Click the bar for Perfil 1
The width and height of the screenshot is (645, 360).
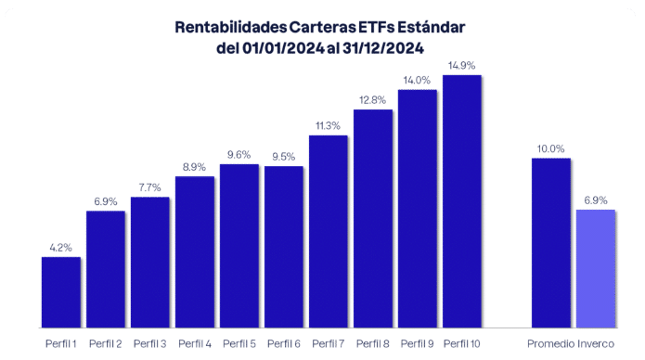click(x=60, y=292)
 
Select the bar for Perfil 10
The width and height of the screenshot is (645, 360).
click(x=462, y=201)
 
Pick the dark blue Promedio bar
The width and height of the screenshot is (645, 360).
click(x=550, y=243)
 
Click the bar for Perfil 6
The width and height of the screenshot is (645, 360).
click(x=284, y=247)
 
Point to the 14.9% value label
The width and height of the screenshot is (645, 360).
click(x=462, y=65)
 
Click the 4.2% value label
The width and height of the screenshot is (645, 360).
click(x=60, y=248)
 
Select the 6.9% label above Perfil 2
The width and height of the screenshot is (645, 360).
click(x=106, y=201)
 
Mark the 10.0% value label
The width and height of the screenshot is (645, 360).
click(x=550, y=148)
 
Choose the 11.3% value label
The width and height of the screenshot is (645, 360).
click(x=328, y=125)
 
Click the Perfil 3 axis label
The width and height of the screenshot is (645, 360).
click(x=150, y=344)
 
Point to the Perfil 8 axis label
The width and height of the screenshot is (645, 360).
click(x=373, y=344)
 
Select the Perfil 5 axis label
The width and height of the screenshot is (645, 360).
click(x=239, y=344)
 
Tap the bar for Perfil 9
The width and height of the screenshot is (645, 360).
click(x=418, y=209)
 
